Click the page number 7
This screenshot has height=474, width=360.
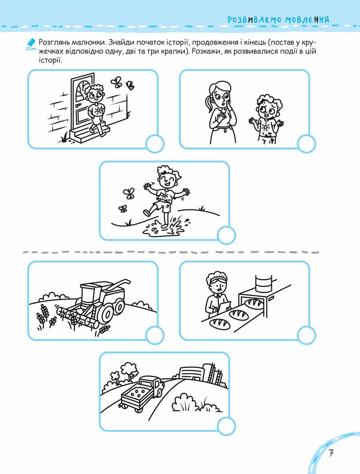click(x=331, y=453)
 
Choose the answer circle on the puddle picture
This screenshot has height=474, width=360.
click(x=226, y=235)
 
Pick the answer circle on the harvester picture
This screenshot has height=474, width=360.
click(x=155, y=335)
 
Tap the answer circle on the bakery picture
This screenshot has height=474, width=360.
click(x=306, y=335)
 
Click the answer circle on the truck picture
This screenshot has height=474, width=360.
click(x=226, y=426)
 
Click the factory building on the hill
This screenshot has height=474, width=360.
click(x=202, y=374)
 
